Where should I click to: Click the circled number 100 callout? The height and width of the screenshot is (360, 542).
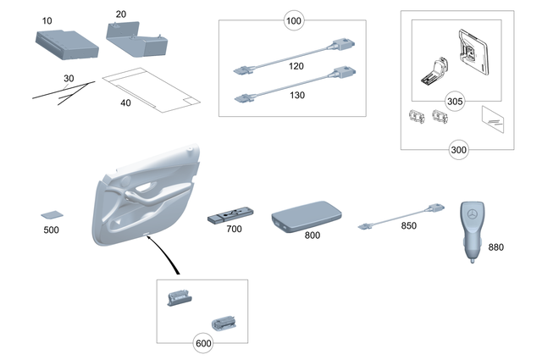point(293,21)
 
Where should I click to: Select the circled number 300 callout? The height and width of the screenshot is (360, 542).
point(457,150)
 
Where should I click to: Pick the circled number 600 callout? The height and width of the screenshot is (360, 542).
point(202,344)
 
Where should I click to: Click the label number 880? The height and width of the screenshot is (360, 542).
point(495,247)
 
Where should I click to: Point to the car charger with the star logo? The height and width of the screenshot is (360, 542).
point(473,229)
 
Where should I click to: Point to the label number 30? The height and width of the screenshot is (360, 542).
point(68,80)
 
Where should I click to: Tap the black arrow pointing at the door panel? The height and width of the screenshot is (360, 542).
point(166,256)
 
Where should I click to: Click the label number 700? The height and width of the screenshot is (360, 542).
point(234,230)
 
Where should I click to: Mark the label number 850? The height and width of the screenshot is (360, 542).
point(408,226)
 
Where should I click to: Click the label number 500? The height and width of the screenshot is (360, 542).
point(52,230)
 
